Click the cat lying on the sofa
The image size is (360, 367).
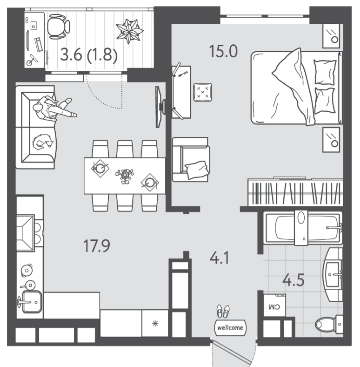(42, 142)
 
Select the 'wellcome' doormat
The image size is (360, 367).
(230, 327)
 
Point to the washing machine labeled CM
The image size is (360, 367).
(274, 306)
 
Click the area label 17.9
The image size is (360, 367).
(97, 246)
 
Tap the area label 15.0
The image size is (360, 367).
(223, 51)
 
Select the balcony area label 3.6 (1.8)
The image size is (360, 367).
(88, 55)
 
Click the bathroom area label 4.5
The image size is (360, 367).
(293, 280)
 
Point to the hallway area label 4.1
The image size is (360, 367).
(219, 258)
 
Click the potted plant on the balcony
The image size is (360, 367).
(129, 31)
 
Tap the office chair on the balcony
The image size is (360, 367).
(59, 27)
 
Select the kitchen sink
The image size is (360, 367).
(32, 302)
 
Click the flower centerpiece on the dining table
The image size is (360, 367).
(125, 176)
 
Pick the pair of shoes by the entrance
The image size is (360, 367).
(223, 311)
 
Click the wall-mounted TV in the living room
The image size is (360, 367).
(160, 107)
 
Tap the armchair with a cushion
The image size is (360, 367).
(191, 160)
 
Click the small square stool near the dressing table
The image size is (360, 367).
(203, 92)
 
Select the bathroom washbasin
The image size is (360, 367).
(333, 274)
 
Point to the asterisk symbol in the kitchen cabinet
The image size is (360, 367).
(155, 324)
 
